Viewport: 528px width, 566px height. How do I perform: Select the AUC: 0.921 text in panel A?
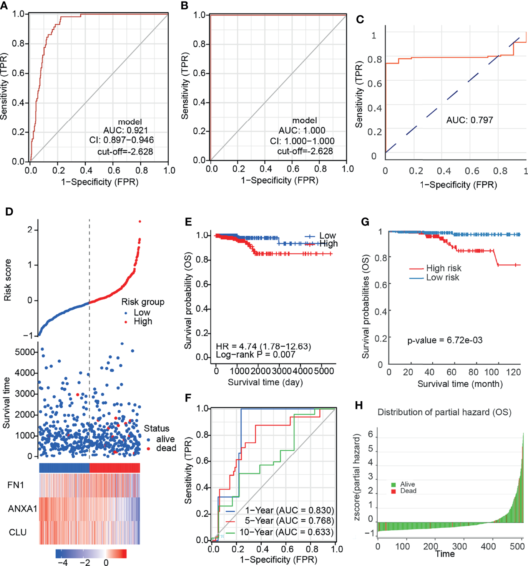point(125,131)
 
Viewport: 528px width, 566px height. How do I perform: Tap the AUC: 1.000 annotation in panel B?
point(302,131)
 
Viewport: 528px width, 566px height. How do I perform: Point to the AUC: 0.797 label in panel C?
point(469,120)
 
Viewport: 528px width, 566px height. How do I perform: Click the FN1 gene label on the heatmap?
point(16,485)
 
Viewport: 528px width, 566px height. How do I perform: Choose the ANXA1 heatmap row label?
point(22,509)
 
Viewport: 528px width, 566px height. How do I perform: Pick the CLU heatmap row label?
point(18,533)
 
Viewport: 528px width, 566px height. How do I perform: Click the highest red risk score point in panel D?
point(140,221)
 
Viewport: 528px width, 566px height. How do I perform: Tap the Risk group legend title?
point(143,302)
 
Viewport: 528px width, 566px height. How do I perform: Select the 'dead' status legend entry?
point(166,448)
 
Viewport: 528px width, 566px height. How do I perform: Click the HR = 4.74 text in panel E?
point(263,347)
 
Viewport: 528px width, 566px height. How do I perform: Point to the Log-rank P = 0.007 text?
point(255,355)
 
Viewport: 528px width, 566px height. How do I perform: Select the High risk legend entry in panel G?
point(443,268)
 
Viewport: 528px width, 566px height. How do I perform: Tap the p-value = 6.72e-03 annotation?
point(445,340)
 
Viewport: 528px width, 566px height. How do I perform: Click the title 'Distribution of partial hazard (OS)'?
point(444,412)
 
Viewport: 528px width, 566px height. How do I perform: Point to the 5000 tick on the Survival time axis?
point(26,352)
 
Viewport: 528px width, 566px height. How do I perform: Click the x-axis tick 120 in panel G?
point(513,372)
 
